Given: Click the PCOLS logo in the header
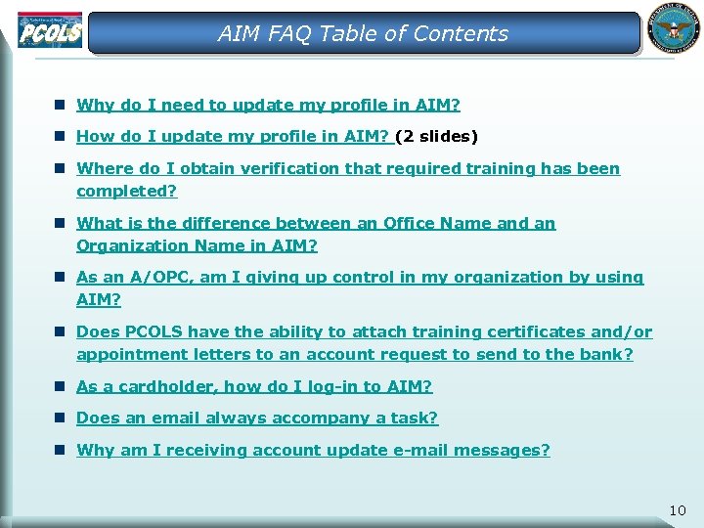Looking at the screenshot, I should click(x=49, y=30).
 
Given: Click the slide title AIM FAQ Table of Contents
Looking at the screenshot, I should click(x=363, y=33).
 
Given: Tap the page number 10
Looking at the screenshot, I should click(x=678, y=510).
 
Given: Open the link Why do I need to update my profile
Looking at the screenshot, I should click(x=268, y=105).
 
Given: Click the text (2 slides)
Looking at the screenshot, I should click(x=436, y=136).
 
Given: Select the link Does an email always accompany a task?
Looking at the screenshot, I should click(x=257, y=418).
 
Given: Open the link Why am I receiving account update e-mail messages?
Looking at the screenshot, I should click(x=313, y=450).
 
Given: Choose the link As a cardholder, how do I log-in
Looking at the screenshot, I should click(x=254, y=386).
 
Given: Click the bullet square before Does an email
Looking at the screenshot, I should click(x=60, y=418).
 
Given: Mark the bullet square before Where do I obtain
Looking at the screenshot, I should click(x=60, y=168).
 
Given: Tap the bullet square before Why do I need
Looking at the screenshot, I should click(x=60, y=105).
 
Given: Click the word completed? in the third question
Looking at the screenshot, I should click(x=127, y=191).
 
